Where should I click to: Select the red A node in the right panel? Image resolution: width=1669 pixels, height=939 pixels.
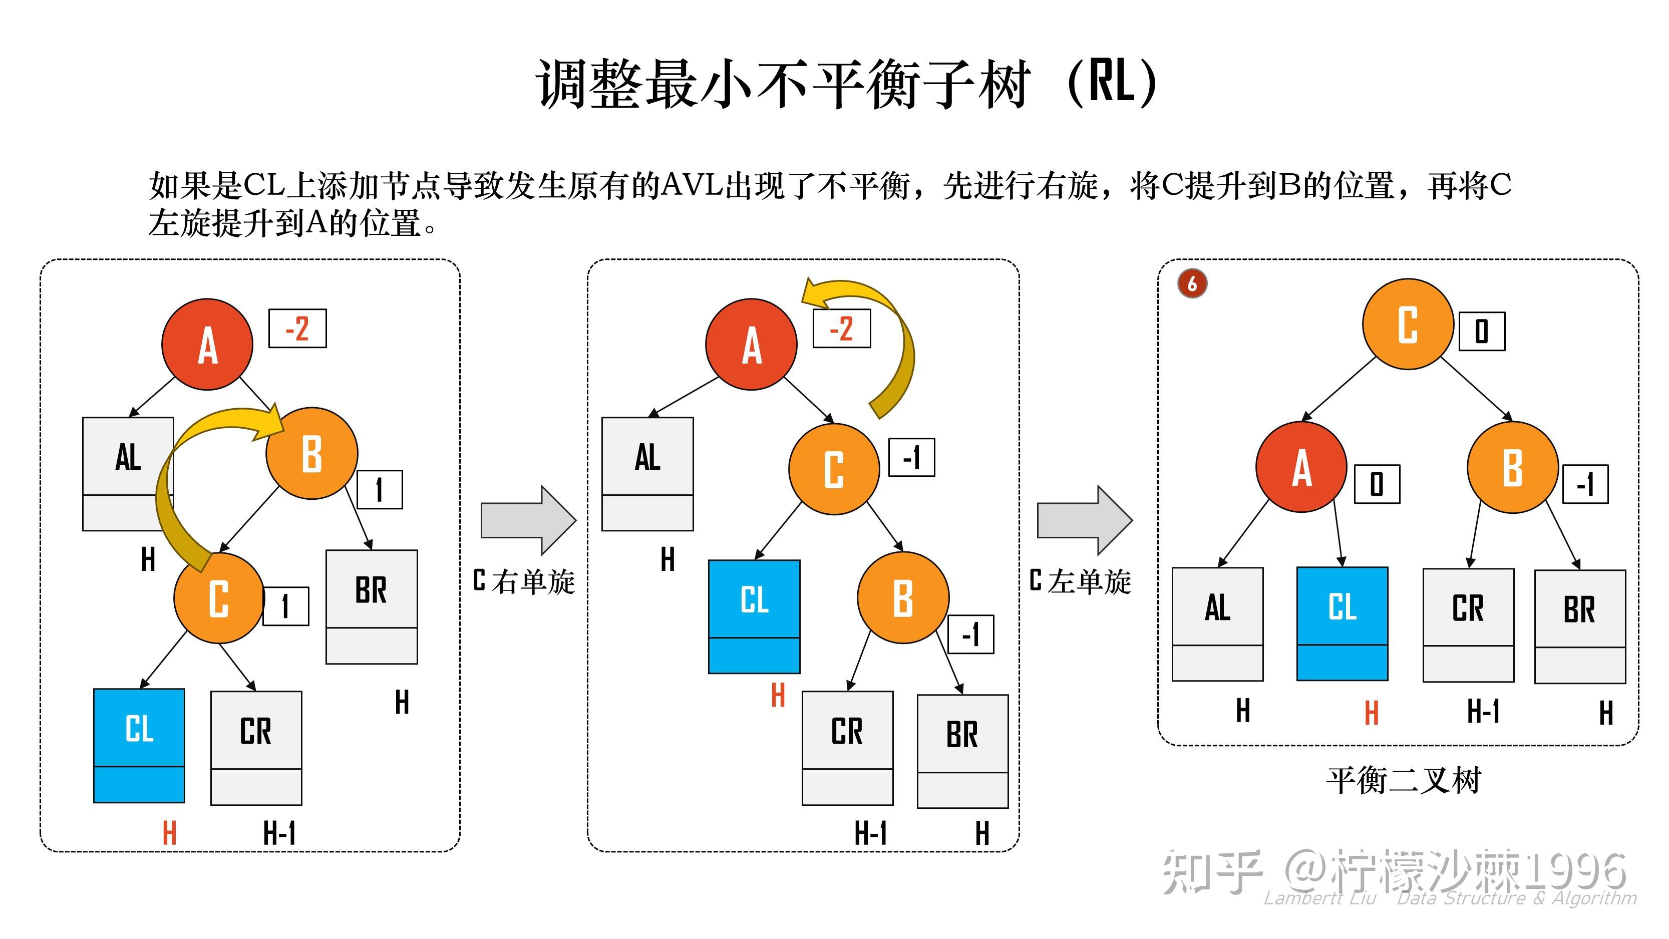(1301, 467)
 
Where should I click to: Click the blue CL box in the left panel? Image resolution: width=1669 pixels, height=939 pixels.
(139, 745)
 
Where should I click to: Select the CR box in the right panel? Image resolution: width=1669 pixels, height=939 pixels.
(1468, 624)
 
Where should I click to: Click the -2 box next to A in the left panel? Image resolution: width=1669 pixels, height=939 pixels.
(297, 329)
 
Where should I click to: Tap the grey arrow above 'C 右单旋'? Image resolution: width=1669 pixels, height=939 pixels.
(528, 520)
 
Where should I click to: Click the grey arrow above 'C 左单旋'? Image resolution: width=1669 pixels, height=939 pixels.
(1084, 520)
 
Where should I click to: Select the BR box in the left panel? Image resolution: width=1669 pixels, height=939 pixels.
(371, 606)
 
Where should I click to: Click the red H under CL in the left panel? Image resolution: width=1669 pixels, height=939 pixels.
(169, 833)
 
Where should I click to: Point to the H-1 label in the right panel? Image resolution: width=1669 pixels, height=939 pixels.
(1483, 711)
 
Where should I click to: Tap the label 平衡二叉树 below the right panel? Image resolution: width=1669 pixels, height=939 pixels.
(1404, 781)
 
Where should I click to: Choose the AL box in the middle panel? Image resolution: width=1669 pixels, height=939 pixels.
(647, 474)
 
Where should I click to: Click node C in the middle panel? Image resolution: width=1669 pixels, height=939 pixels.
(834, 469)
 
